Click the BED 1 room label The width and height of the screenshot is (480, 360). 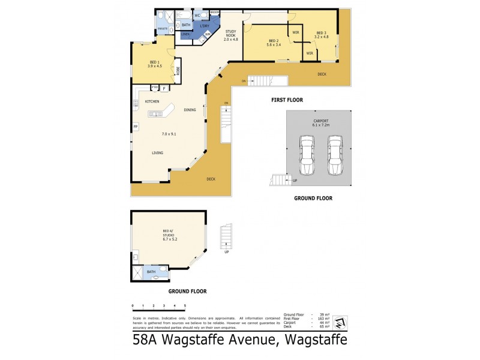pos(154,62)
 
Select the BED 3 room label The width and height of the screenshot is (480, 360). pos(321,32)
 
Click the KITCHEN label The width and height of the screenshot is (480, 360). pos(152,101)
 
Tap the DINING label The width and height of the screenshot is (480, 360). pos(190,110)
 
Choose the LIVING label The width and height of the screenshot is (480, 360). pos(157,153)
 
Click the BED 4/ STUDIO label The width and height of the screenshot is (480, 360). pos(170,232)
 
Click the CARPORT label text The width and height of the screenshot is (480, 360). pos(321,121)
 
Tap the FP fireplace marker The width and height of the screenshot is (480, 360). pos(136,127)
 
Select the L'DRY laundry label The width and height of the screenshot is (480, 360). pos(204,25)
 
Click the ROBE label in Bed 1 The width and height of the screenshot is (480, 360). pos(178,70)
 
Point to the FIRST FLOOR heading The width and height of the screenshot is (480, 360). pos(286,100)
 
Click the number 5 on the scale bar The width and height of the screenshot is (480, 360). pos(185,306)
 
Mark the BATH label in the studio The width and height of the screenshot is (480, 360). pos(151,272)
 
